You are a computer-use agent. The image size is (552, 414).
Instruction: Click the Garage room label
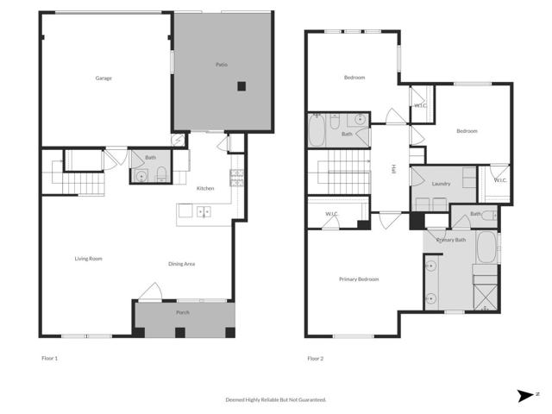[x=103, y=78]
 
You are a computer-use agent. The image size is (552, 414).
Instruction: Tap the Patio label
[x=222, y=66]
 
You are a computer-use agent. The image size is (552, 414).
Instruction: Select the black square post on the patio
[x=242, y=85]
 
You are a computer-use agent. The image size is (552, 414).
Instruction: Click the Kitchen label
[x=205, y=188]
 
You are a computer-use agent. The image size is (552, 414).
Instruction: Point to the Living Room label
[x=89, y=259]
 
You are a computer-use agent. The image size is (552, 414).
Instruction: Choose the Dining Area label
[x=181, y=264]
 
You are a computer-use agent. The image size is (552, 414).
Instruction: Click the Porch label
[x=183, y=312]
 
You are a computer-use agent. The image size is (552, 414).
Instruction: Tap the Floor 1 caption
[x=50, y=358]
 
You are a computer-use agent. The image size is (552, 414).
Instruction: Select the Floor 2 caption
[x=316, y=358]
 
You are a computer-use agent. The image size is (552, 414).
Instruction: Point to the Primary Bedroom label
[x=359, y=279]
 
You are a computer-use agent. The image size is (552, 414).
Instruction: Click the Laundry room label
[x=442, y=183]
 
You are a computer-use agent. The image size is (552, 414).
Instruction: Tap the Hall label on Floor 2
[x=393, y=169]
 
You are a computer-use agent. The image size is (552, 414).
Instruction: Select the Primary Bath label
[x=451, y=239]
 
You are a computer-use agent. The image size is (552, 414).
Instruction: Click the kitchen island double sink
[x=204, y=210]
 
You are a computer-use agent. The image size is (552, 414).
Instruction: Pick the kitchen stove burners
[x=235, y=179]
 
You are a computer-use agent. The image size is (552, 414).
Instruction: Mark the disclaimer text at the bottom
[x=276, y=399]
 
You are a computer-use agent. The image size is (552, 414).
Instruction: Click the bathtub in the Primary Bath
[x=486, y=248]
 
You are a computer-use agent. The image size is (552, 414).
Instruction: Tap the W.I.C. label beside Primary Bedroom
[x=331, y=214]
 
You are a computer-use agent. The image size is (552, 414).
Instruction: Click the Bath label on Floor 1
[x=151, y=158]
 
